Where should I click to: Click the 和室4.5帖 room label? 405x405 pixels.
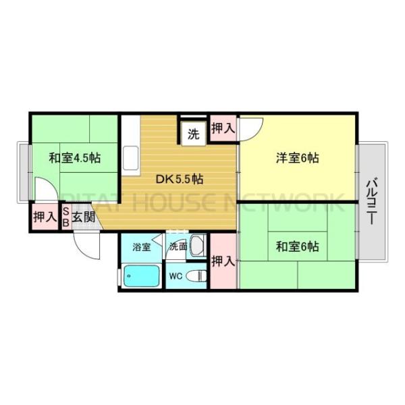coord(74,159)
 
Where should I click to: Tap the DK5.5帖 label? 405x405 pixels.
coord(180,180)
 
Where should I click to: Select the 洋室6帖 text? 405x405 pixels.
coord(297,159)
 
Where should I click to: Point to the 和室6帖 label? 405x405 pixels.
coord(297,247)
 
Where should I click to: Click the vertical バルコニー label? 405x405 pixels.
coord(372,200)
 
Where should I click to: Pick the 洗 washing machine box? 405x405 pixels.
coord(193,133)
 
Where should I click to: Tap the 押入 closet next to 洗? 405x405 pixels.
coord(223,128)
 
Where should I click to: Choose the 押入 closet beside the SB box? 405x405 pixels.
coord(45,217)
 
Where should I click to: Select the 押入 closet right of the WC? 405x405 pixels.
coord(223,261)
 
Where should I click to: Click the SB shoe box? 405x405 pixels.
coord(66,217)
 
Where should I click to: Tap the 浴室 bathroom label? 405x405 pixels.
coord(141,246)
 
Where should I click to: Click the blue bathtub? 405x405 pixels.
coord(141,276)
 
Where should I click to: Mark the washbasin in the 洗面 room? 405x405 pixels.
coord(196,246)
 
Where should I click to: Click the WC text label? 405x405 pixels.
coord(175,276)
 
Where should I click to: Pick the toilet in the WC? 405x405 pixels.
coord(196,276)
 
